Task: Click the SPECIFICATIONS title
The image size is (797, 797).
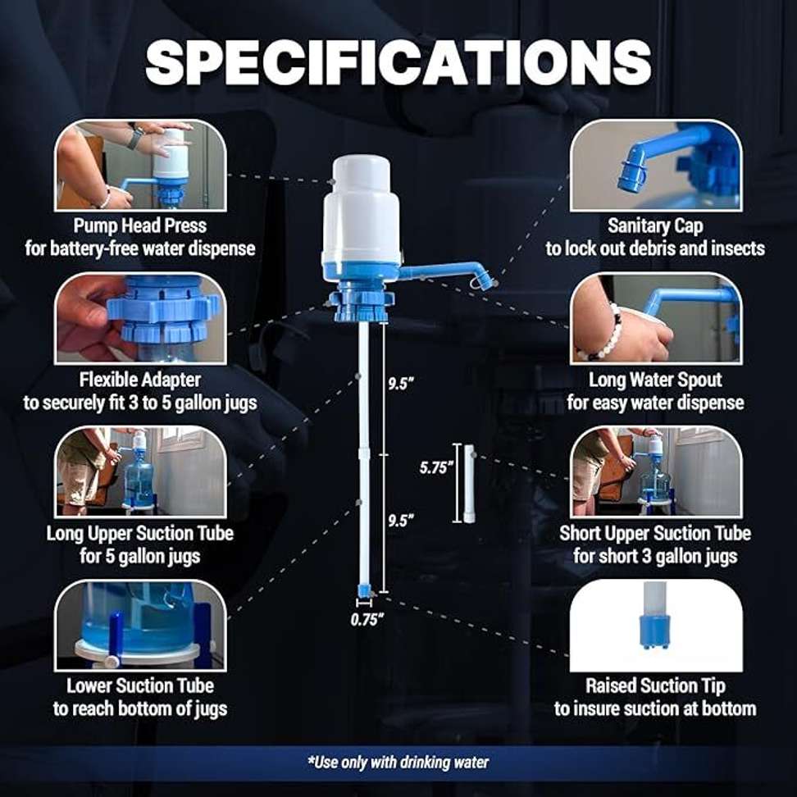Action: [398, 62]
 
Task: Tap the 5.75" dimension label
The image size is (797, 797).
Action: [435, 467]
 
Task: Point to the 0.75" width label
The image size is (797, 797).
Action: [367, 620]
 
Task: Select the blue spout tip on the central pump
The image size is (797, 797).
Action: [485, 280]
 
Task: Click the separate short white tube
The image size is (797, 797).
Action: [469, 484]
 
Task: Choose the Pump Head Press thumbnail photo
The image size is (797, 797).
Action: [140, 165]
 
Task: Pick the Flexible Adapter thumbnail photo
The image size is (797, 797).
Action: [140, 319]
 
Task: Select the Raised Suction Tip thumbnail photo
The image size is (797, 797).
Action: [656, 626]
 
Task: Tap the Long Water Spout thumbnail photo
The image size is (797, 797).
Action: [656, 319]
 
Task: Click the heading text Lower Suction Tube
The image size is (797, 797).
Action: [140, 685]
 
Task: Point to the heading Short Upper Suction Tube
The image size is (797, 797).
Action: [655, 533]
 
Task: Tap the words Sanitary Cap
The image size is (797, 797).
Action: [655, 226]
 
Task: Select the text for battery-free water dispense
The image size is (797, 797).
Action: [140, 248]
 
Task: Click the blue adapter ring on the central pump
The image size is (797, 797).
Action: [361, 305]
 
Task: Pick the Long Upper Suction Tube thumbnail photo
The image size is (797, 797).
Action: [140, 472]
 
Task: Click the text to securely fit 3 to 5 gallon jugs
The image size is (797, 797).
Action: [140, 403]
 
